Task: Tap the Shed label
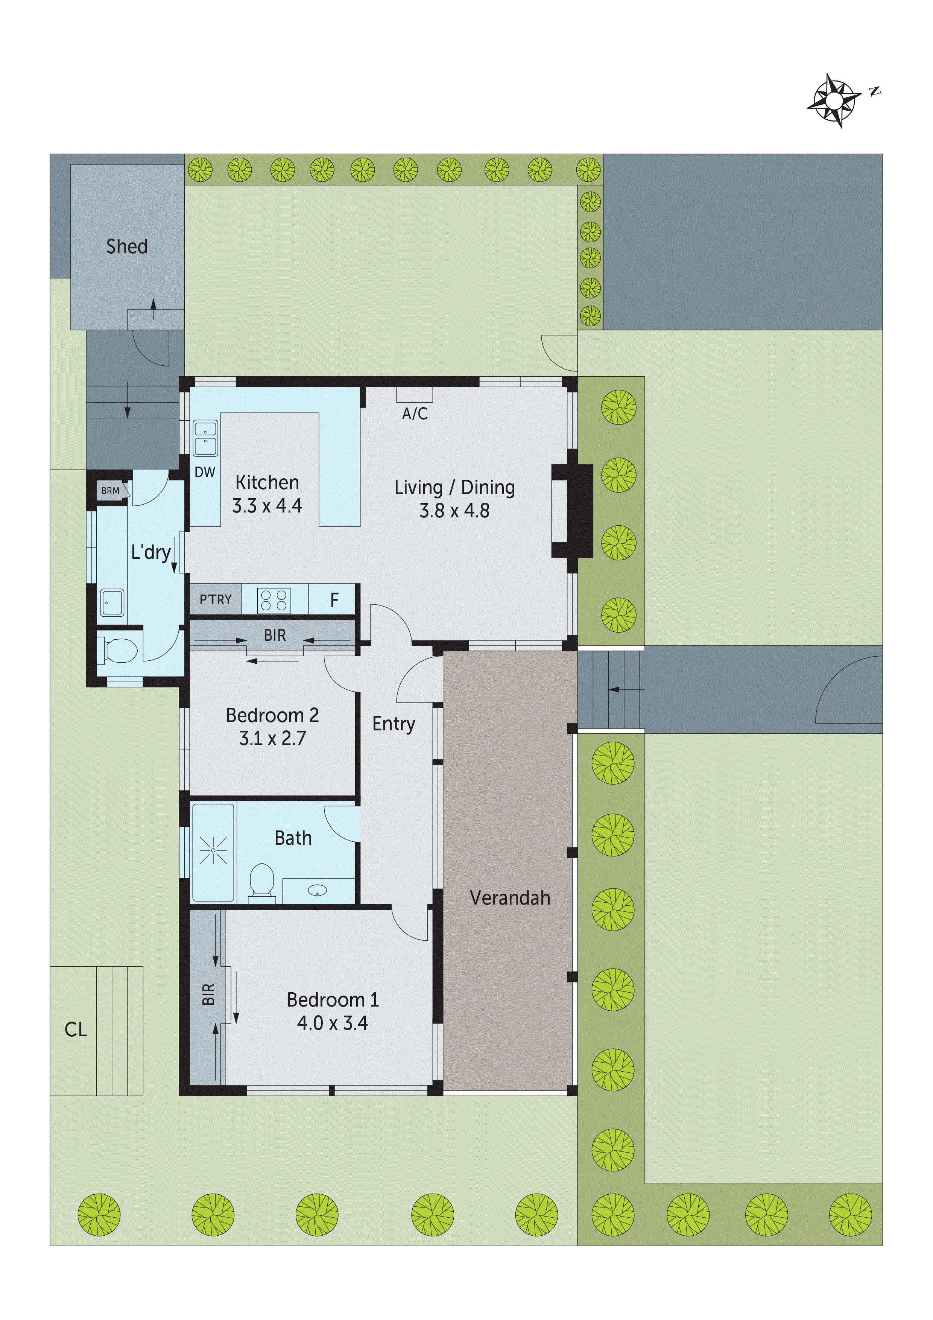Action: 127,246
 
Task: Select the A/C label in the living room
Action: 415,414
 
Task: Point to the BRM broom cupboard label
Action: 110,490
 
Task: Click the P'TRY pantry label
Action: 216,600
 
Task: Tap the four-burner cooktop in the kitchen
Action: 274,600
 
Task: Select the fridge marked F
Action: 334,600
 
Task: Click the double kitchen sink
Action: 205,438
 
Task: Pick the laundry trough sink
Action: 112,602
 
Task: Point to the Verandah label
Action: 510,898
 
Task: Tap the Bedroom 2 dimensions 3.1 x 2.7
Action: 272,738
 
